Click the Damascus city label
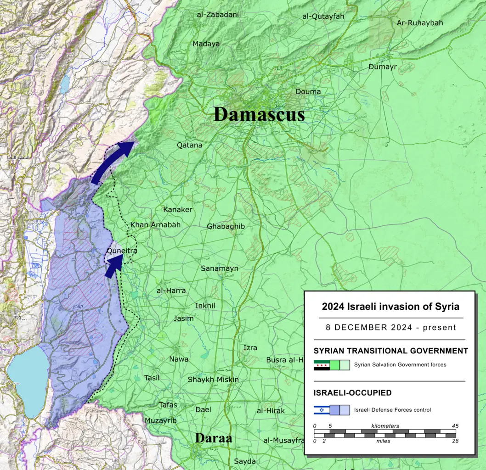point(259,114)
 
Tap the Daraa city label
point(214,438)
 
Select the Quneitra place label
point(121,251)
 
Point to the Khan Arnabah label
point(155,225)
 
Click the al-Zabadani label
point(218,15)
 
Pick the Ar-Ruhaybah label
point(420,22)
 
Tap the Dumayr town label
point(382,67)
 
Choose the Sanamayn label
point(219,268)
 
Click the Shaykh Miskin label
point(213,380)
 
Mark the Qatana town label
point(189,145)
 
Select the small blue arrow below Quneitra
point(114,265)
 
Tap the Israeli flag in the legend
point(322,410)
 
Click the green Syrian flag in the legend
point(322,365)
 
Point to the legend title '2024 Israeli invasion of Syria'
point(390,307)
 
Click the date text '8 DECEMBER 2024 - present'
point(390,327)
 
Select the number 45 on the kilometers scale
point(455,426)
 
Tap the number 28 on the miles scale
point(455,441)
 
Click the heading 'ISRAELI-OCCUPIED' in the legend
point(352,393)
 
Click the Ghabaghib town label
point(226,226)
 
